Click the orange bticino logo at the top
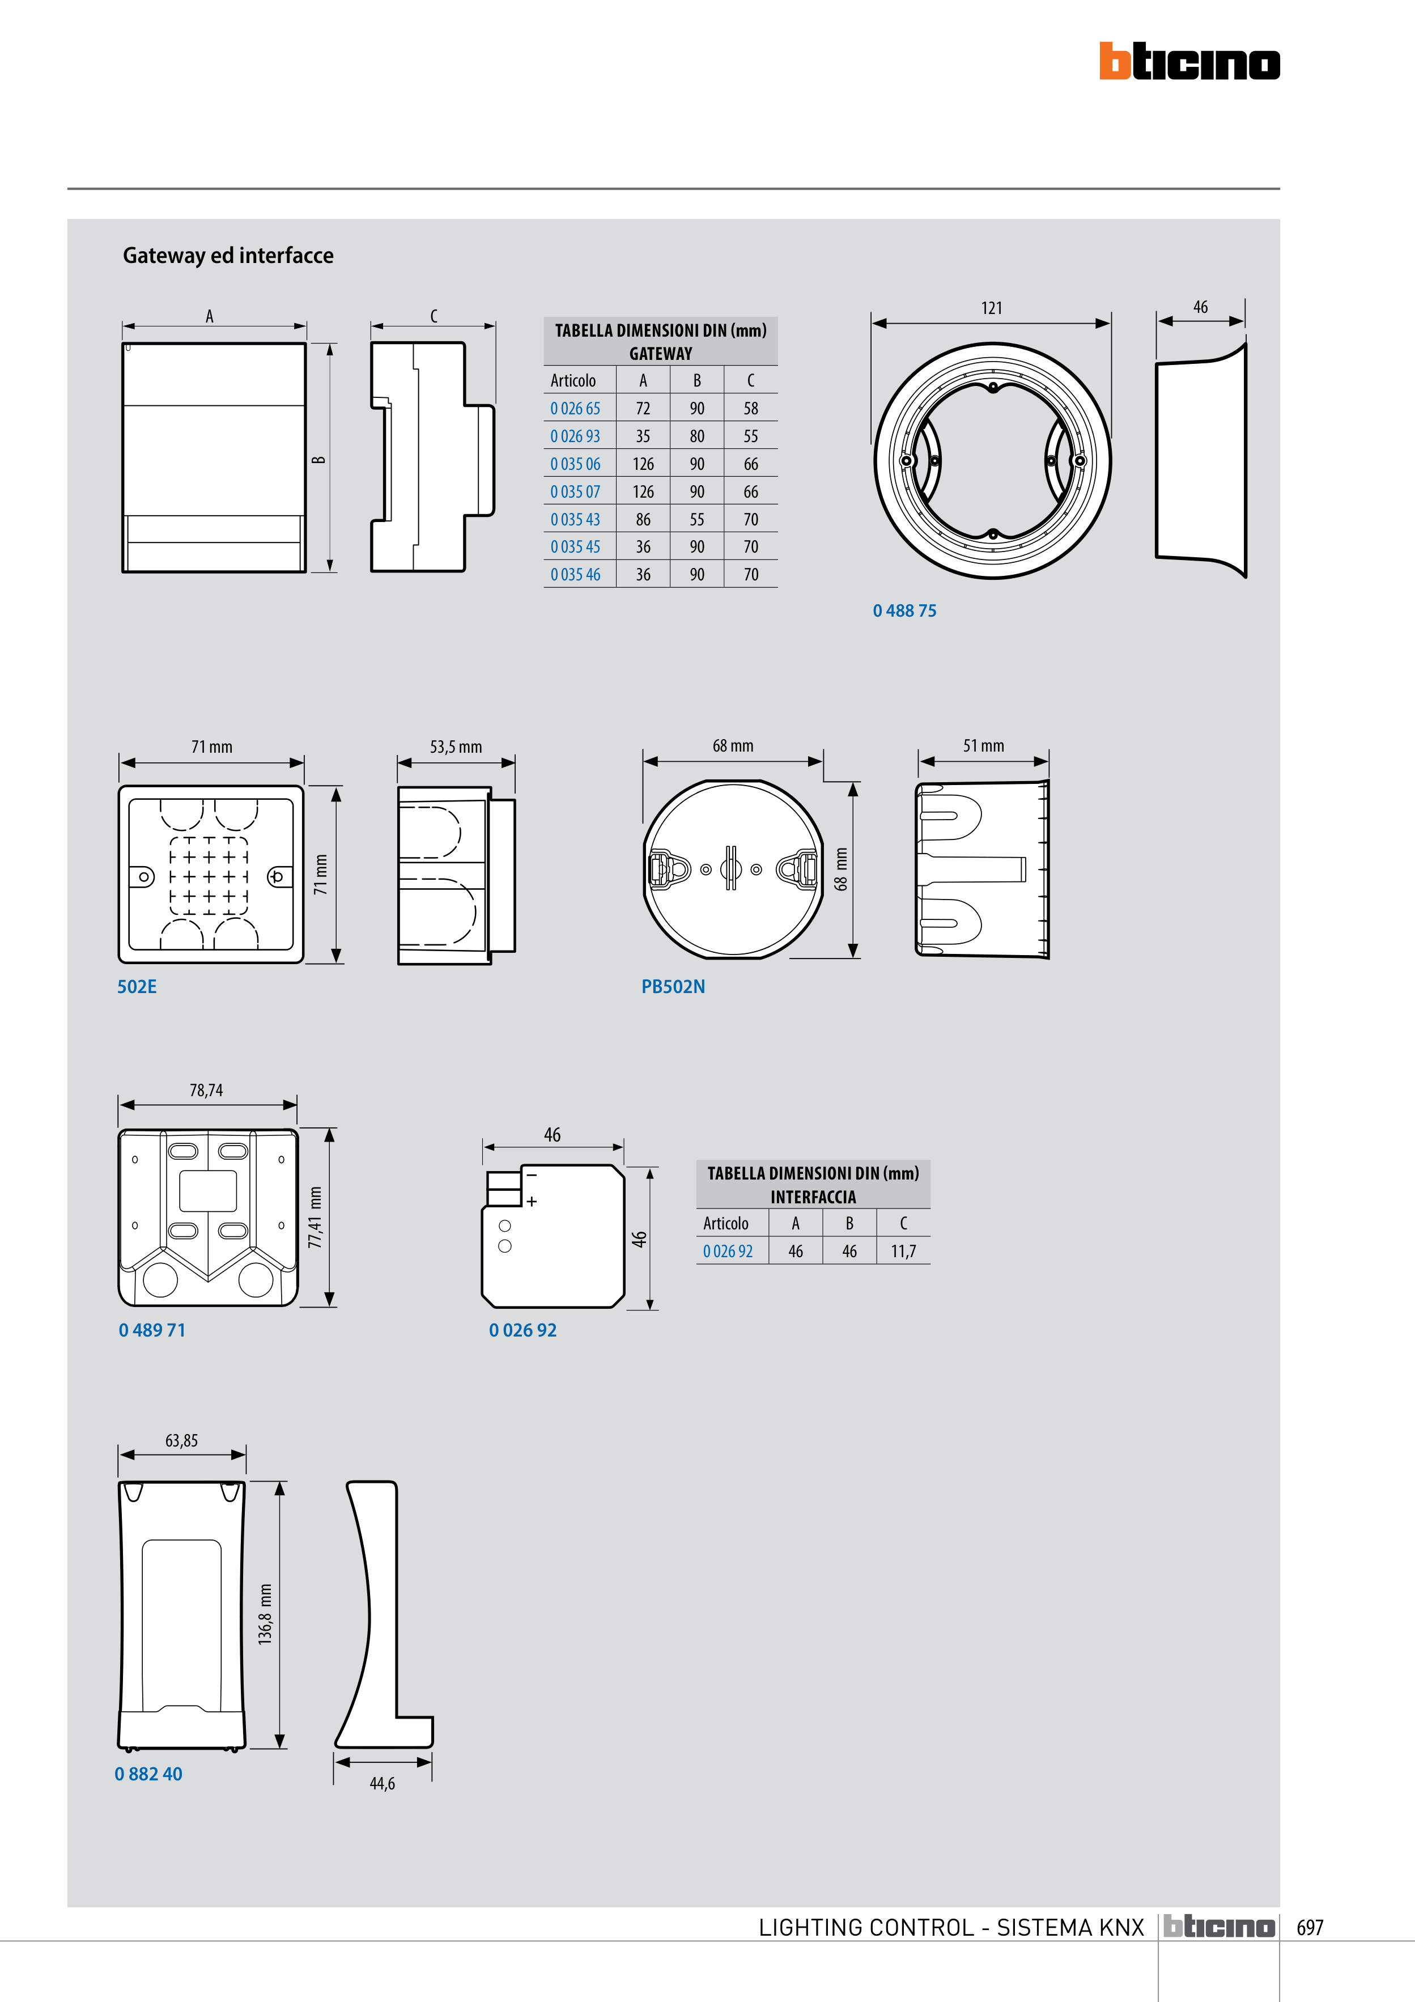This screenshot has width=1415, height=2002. click(1189, 62)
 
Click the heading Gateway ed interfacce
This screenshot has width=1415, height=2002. click(228, 256)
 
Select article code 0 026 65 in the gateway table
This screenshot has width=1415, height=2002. click(575, 408)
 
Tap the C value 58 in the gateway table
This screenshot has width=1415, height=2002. click(751, 408)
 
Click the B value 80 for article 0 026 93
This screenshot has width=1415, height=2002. click(696, 436)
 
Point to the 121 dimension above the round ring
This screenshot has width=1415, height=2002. click(991, 308)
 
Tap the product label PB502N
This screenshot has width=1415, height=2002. click(673, 986)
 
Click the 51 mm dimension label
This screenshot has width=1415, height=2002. click(983, 745)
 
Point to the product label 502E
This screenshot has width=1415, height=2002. click(137, 986)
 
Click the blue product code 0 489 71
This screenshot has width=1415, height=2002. click(152, 1330)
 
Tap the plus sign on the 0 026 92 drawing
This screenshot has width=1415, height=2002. click(532, 1202)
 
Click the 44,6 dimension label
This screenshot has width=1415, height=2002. click(382, 1783)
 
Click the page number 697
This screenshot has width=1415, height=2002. click(1310, 1927)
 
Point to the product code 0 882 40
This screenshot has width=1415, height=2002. click(148, 1774)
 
